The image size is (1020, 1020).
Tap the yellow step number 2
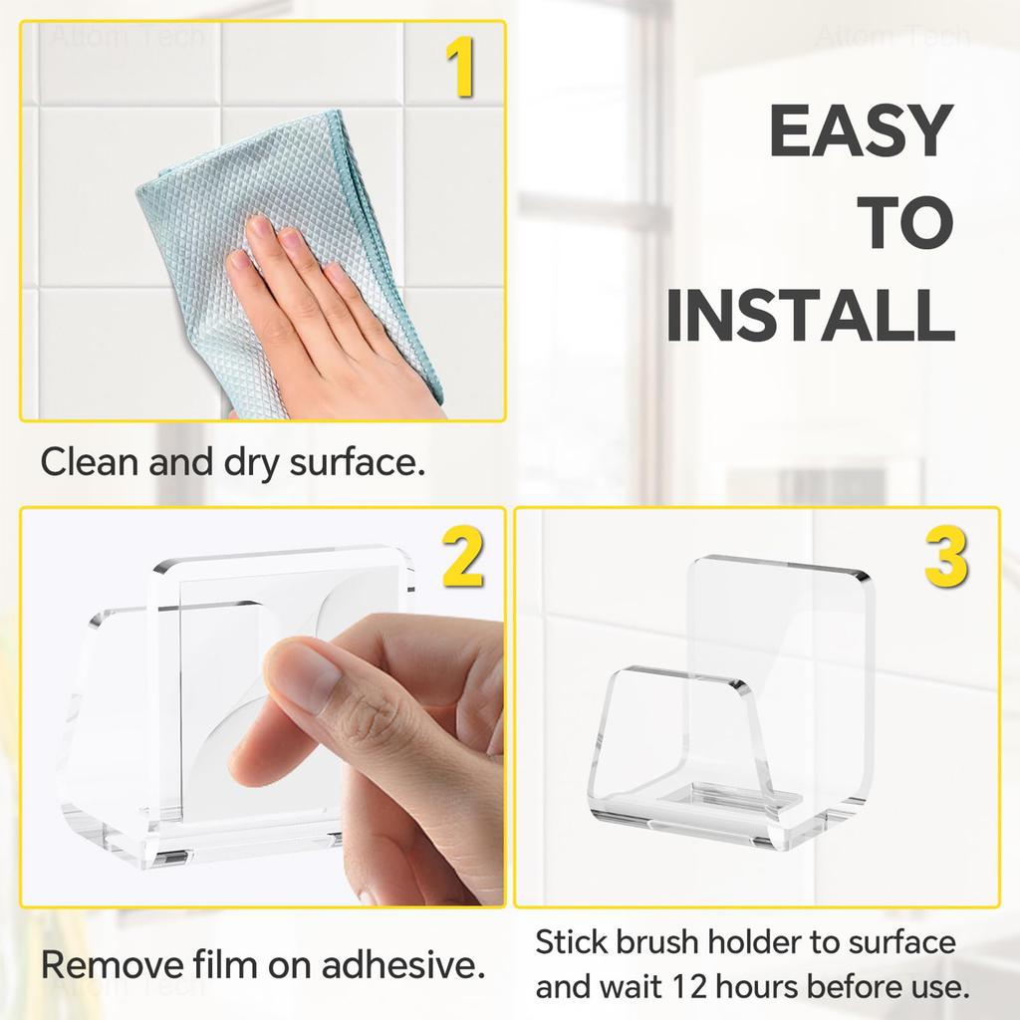point(462,559)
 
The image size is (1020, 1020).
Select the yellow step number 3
point(945,559)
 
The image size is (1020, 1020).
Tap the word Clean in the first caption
point(87,463)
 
